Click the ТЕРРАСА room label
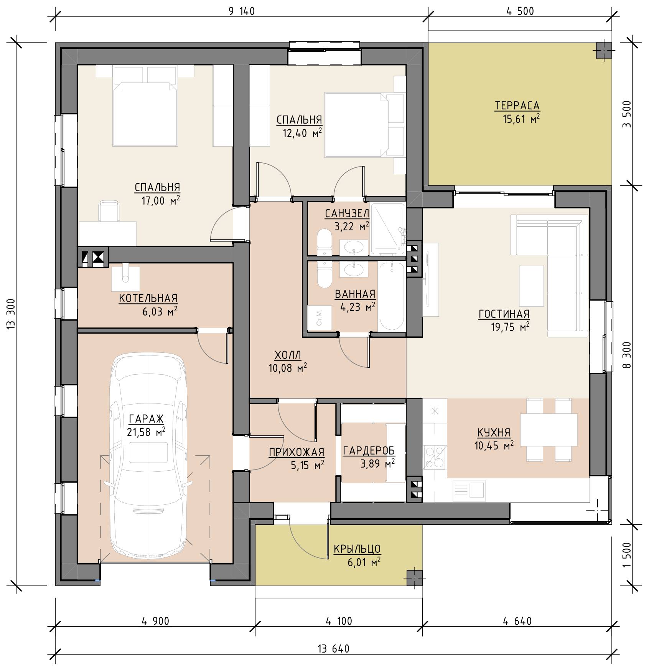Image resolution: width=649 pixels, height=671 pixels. (517, 105)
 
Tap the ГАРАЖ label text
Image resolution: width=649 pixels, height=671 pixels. (146, 418)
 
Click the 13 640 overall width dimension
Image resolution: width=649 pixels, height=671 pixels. (333, 649)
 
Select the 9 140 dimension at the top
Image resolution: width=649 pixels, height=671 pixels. (242, 11)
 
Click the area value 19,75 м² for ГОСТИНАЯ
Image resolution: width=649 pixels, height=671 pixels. (505, 327)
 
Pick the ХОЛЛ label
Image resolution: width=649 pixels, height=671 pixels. (288, 354)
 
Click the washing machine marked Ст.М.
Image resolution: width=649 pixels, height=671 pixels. (319, 317)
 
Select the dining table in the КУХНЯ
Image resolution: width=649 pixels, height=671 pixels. (549, 430)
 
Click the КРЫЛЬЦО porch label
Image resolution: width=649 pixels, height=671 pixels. (357, 549)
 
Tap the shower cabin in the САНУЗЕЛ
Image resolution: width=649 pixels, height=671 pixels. (388, 229)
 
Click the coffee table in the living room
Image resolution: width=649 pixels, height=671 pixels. (532, 286)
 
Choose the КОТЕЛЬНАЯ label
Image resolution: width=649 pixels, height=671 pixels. (148, 298)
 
